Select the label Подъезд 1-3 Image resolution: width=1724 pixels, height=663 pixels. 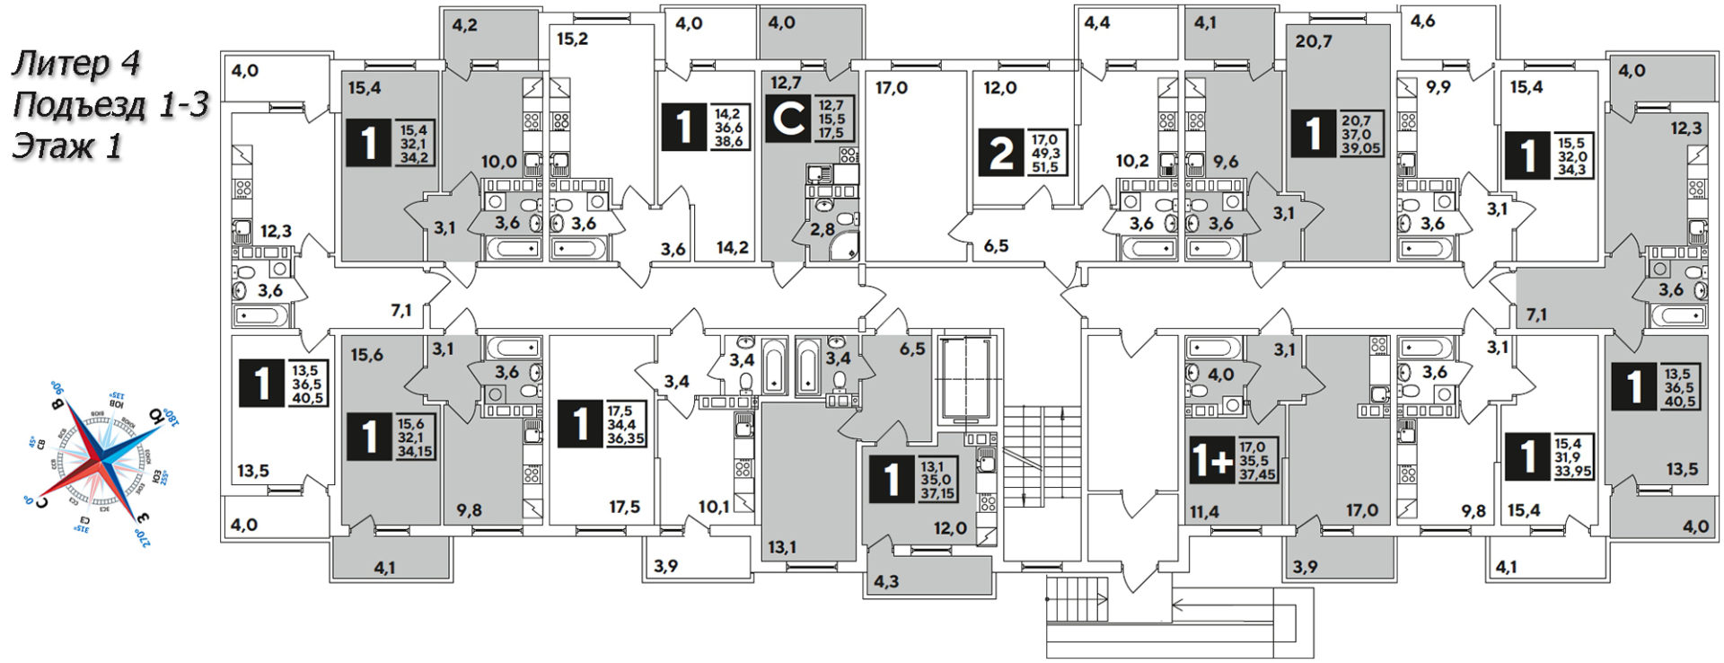coord(110,105)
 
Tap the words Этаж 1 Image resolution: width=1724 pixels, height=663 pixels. coord(66,146)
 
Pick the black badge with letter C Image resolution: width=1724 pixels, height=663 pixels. coord(787,119)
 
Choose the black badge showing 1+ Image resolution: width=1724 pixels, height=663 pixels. coord(1210,460)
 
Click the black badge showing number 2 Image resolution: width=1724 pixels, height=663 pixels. coord(1000,152)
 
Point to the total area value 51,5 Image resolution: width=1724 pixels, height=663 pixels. coord(1046,167)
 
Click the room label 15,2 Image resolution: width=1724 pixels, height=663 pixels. coord(572,40)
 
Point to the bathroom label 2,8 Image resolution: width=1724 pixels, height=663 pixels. coord(822,230)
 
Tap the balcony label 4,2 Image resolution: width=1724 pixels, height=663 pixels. coord(464,25)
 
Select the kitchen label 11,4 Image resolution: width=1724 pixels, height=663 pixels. coord(1204,512)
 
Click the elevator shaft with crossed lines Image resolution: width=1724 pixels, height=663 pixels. coord(964,378)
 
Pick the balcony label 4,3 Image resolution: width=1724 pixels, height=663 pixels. coord(886,581)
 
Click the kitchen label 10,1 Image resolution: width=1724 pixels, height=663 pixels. coord(714,507)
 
